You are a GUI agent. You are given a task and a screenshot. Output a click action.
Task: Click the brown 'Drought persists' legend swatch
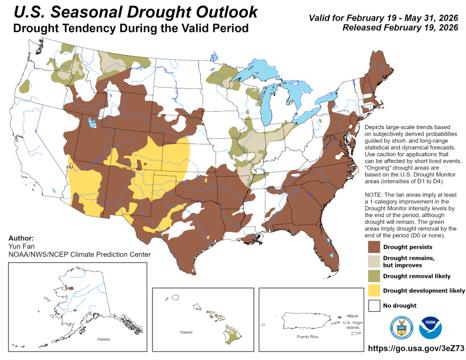(x=374, y=247)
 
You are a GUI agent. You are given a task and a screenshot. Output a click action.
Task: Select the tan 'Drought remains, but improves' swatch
(x=374, y=261)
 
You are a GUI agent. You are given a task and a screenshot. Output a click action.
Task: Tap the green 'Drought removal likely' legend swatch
(x=374, y=276)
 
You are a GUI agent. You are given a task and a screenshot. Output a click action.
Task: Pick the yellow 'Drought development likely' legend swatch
(x=374, y=290)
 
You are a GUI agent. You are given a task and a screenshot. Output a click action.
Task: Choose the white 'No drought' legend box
(x=374, y=305)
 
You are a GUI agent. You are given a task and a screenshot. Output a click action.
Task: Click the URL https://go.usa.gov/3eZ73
(x=415, y=349)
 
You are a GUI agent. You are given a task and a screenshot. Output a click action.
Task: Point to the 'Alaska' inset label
(x=103, y=338)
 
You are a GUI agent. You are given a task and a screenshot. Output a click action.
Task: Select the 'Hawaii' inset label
(x=185, y=332)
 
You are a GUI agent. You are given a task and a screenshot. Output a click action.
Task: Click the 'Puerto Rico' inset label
(x=308, y=337)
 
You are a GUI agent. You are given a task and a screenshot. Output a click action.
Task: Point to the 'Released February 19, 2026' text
(x=400, y=27)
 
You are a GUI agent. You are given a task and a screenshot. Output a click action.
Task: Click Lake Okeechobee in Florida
(x=331, y=255)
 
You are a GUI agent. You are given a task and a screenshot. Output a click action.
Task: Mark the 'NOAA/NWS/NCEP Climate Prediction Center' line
(x=79, y=255)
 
